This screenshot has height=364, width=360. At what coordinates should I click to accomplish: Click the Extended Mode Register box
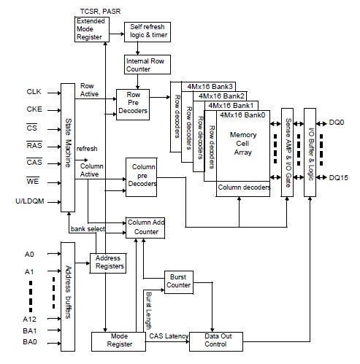click(91, 30)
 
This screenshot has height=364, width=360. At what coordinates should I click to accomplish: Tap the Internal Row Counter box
click(142, 64)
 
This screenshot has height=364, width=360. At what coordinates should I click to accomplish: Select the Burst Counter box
click(177, 282)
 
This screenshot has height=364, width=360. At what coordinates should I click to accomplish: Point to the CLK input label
click(34, 92)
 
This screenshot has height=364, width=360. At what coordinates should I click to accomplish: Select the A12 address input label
click(30, 318)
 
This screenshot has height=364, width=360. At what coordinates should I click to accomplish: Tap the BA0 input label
click(29, 341)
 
